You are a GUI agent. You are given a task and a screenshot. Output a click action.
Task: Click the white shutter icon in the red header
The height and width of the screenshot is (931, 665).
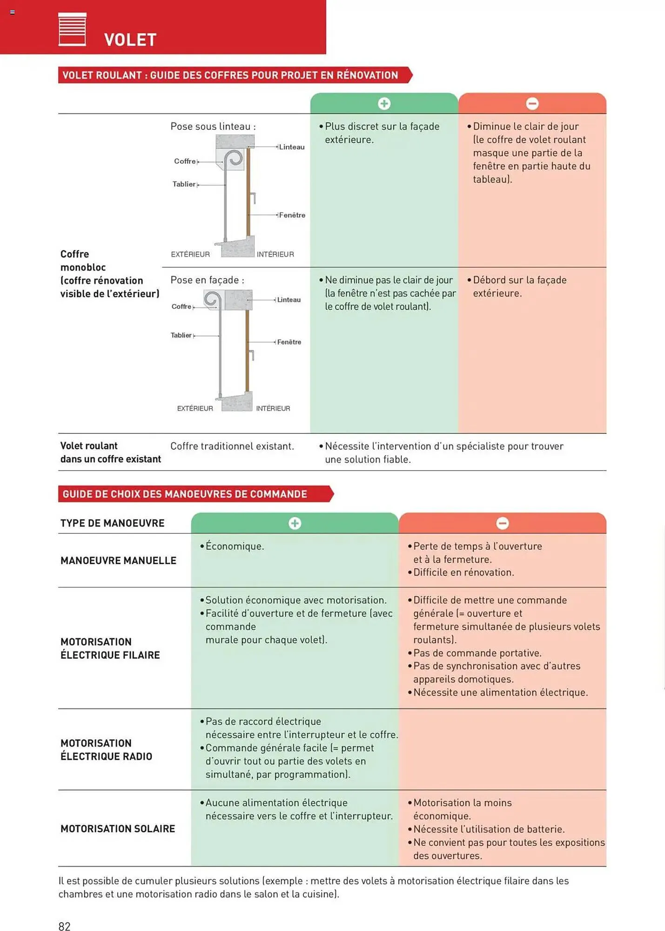[x=72, y=29]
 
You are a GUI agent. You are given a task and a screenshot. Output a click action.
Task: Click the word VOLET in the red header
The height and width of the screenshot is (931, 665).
[x=130, y=40]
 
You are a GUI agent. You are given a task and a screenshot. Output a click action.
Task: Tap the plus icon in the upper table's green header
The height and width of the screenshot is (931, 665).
[x=384, y=103]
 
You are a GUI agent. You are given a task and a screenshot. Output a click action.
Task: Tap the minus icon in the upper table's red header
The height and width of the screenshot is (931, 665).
[x=532, y=103]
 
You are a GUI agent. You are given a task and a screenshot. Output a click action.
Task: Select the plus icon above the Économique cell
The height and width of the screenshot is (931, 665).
[x=295, y=523]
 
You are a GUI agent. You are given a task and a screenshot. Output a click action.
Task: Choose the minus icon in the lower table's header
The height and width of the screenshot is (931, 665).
[x=502, y=523]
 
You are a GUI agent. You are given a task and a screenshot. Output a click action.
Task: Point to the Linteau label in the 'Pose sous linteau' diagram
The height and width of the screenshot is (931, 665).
[x=292, y=147]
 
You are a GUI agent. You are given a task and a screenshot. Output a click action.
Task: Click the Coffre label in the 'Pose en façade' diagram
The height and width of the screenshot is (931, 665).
[x=181, y=306]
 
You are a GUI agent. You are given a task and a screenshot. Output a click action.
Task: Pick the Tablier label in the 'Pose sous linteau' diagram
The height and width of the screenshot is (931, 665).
[x=184, y=184]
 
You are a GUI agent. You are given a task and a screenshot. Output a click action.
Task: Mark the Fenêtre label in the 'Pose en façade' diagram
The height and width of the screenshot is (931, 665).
[x=289, y=342]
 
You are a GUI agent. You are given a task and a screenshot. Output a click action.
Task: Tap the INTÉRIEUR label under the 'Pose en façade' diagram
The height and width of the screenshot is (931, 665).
[x=273, y=408]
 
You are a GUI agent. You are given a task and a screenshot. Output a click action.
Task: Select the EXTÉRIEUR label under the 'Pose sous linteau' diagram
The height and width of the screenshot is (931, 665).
[x=190, y=254]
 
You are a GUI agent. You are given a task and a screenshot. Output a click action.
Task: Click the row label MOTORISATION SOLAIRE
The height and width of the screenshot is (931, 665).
[x=118, y=829]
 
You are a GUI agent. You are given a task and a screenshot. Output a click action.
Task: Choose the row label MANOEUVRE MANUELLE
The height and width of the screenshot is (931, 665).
[x=118, y=560]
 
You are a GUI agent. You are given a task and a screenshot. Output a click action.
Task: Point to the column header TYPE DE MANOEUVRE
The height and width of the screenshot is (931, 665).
[x=112, y=523]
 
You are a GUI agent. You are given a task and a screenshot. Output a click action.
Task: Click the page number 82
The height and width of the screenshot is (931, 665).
[x=64, y=926]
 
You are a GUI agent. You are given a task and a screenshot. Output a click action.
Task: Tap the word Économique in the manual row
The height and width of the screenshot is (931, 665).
[x=235, y=546]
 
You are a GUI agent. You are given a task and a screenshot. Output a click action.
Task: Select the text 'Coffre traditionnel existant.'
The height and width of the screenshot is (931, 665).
[x=232, y=446]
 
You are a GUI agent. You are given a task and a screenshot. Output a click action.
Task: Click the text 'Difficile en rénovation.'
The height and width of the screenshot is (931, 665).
[x=463, y=573]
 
